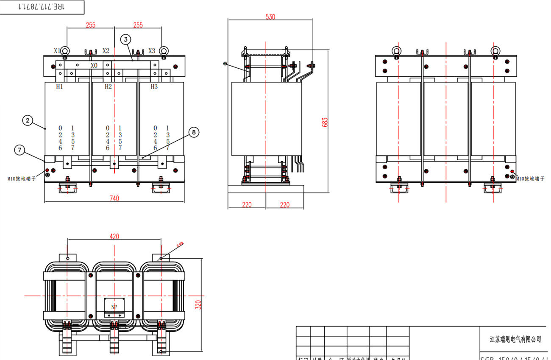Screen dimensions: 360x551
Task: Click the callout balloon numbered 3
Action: [x=125, y=39]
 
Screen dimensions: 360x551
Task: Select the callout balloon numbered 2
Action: [x=28, y=121]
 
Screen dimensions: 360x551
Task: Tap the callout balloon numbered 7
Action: [x=19, y=149]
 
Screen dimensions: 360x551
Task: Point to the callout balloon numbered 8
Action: [x=194, y=133]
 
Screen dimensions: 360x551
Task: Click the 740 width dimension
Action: [x=114, y=198]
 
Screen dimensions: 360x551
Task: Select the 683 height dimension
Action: [x=325, y=122]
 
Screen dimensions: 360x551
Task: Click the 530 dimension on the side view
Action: [x=270, y=17]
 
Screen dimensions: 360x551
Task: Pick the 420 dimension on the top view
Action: [x=114, y=237]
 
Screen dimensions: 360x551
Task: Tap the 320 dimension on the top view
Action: [x=198, y=304]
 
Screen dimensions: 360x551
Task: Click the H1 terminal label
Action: [x=60, y=87]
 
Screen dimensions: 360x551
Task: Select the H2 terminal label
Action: [x=108, y=87]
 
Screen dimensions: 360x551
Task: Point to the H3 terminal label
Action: [x=154, y=87]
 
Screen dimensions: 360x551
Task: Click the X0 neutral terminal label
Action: [x=94, y=66]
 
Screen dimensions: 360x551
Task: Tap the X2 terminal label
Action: [x=106, y=51]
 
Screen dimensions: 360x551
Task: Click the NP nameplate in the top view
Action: [x=114, y=307]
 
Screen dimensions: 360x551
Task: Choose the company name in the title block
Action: [x=515, y=339]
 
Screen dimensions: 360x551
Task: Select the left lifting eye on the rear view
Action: [x=396, y=51]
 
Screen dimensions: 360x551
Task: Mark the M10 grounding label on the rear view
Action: [x=530, y=179]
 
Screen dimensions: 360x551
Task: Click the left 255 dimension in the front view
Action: [x=90, y=25]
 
